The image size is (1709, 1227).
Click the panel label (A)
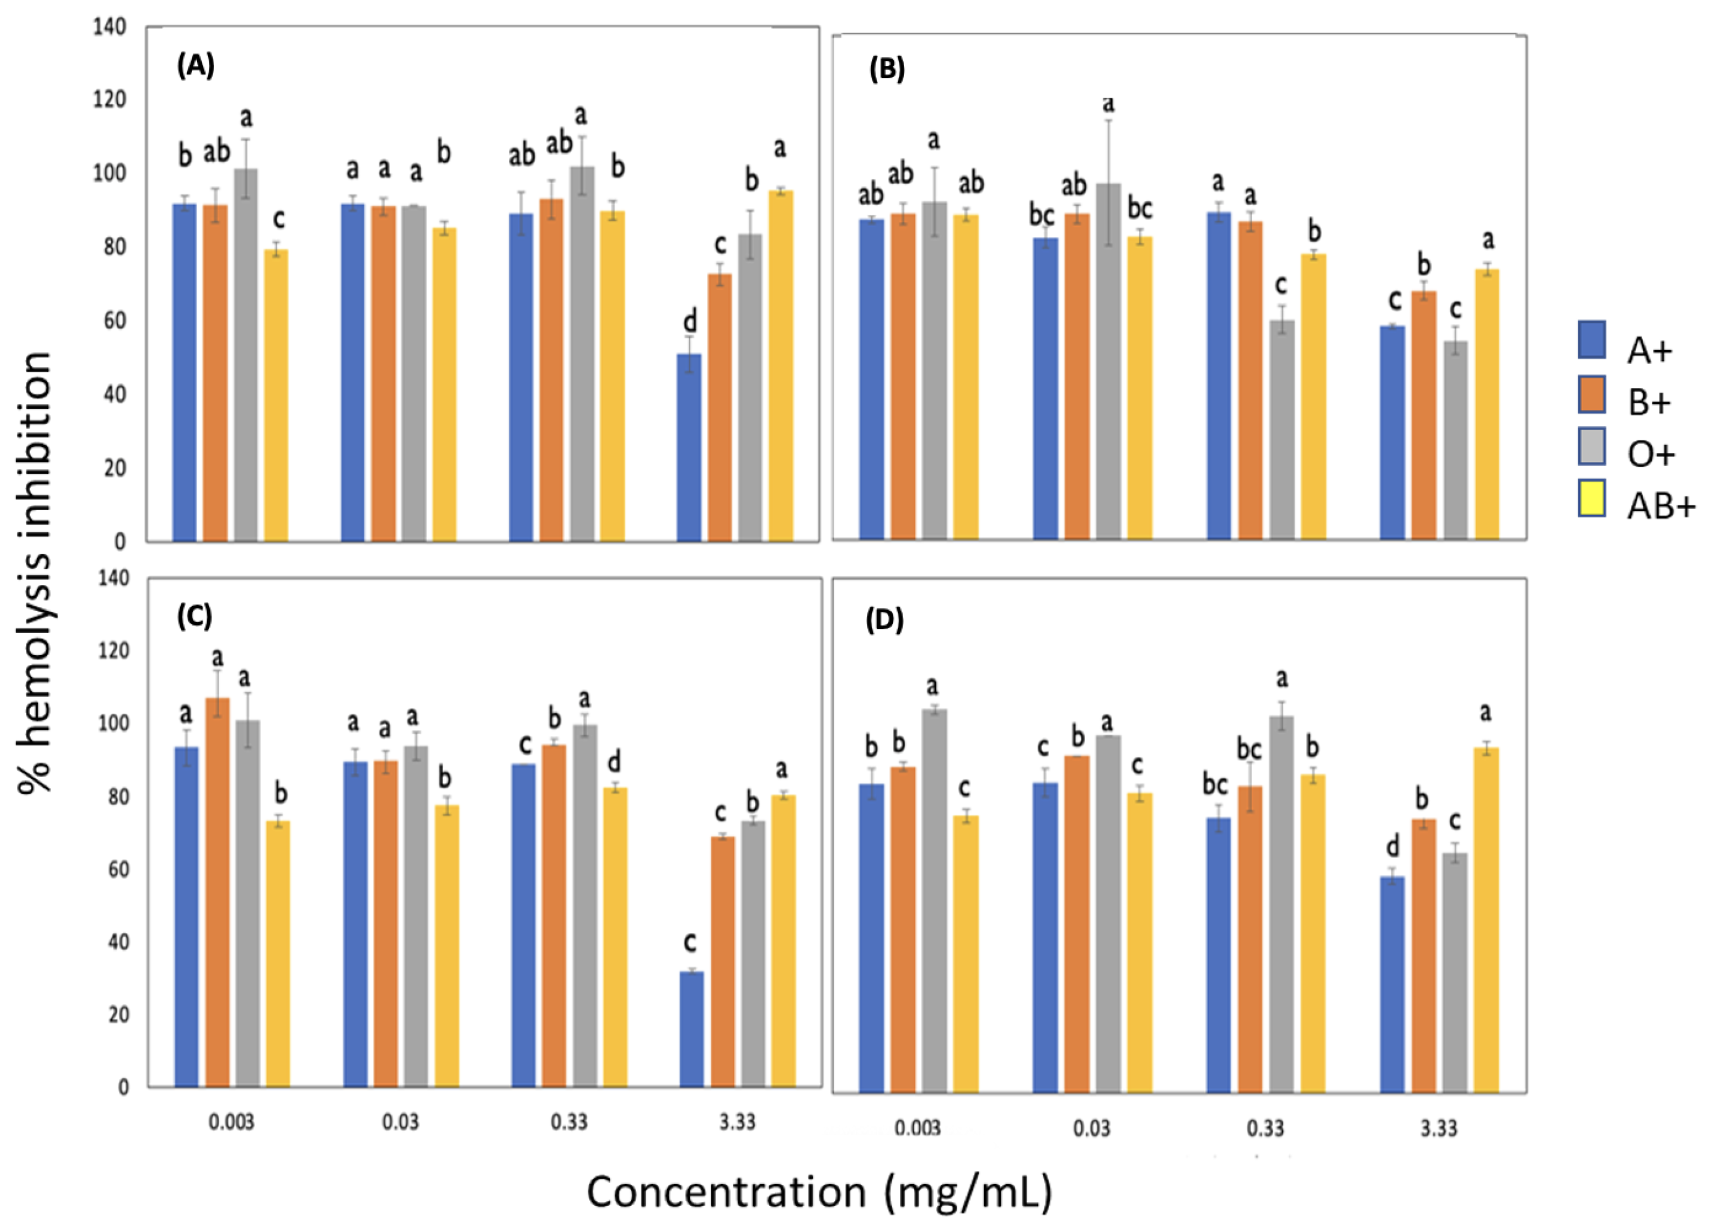click(x=195, y=66)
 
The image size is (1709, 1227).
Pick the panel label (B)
click(x=886, y=70)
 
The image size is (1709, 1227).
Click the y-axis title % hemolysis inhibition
click(x=36, y=573)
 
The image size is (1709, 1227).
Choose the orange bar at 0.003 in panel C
click(x=217, y=893)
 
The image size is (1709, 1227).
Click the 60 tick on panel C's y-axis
click(x=116, y=869)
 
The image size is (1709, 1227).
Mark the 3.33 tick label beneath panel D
click(x=1439, y=1128)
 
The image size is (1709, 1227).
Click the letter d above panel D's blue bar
click(x=1392, y=848)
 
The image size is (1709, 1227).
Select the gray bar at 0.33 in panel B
click(x=1281, y=430)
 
